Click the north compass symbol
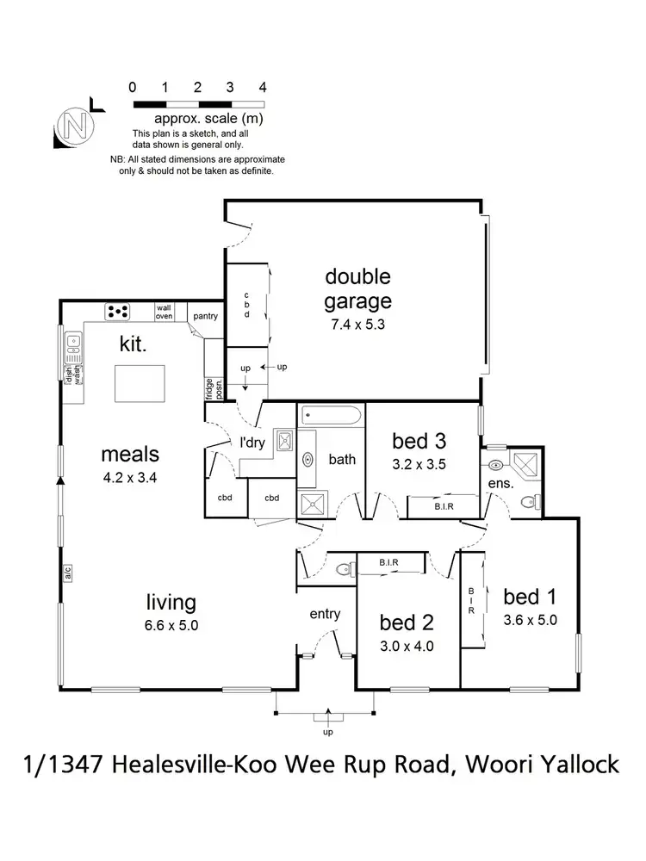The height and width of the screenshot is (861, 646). point(75,126)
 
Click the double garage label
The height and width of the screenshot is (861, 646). point(357,288)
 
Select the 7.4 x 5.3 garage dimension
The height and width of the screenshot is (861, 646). point(357,325)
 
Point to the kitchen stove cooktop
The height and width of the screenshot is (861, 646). point(117,311)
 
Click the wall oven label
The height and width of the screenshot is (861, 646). point(164,312)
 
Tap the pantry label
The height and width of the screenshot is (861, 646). point(205,316)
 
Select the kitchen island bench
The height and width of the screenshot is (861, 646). point(141,382)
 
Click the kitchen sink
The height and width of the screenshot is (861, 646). point(74,346)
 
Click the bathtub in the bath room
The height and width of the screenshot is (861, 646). point(332,418)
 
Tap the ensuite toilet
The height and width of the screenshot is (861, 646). point(537,500)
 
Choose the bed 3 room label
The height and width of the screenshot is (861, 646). point(419,442)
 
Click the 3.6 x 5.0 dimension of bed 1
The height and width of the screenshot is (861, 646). point(531,619)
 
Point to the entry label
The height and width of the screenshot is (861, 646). point(326,614)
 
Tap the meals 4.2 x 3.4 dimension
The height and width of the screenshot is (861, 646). point(130,475)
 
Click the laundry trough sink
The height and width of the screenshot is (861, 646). point(283,443)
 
